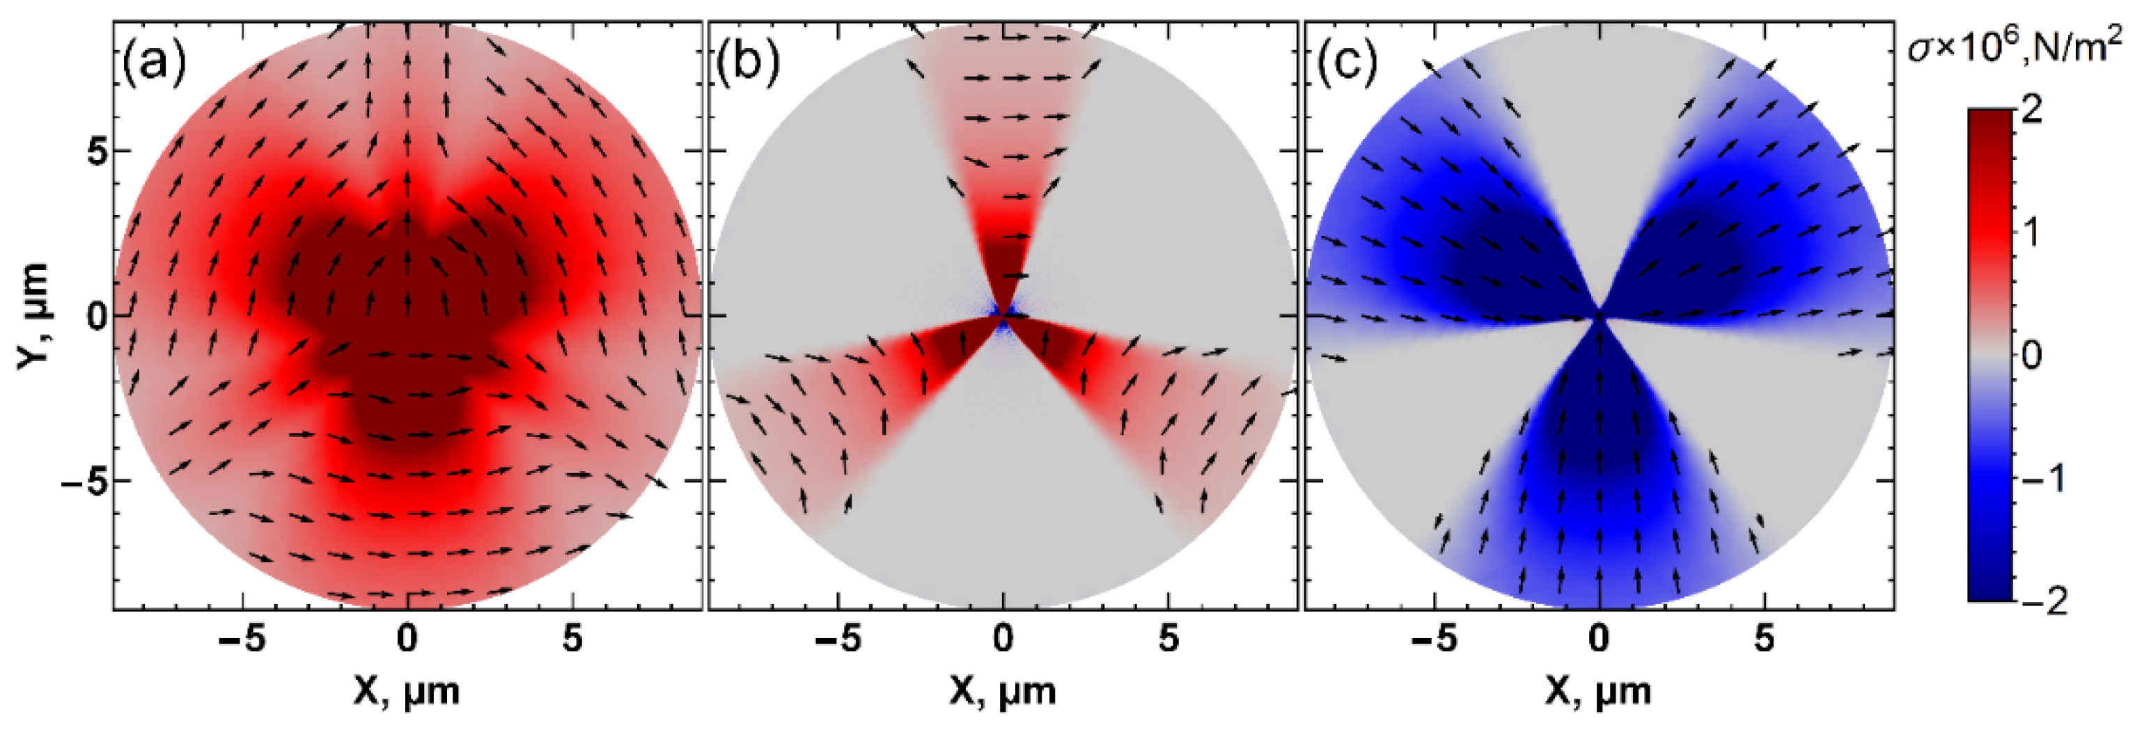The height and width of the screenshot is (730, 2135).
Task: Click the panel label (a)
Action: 155,63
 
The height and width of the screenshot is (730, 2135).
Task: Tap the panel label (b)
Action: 748,63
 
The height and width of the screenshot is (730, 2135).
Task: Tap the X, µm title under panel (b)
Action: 1003,691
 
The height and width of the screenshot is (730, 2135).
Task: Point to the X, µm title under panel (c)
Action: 1598,691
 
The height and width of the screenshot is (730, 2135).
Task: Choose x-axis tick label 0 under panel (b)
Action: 1003,639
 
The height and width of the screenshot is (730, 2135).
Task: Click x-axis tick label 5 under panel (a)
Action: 572,639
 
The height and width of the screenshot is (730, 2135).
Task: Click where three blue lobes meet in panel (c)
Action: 1599,316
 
